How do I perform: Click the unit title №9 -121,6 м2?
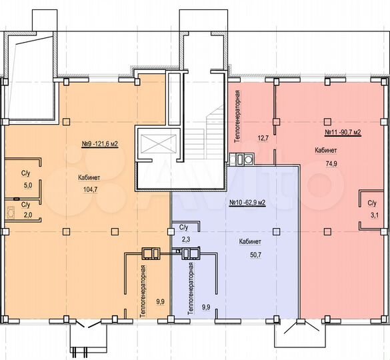coord(100,144)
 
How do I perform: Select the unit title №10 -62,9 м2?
coord(247,203)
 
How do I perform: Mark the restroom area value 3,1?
coord(375,215)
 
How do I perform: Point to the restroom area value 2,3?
coord(185,239)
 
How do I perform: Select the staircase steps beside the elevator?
coord(195,141)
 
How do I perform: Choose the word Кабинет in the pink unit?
coord(325,151)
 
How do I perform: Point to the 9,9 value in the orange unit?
coord(160,302)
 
